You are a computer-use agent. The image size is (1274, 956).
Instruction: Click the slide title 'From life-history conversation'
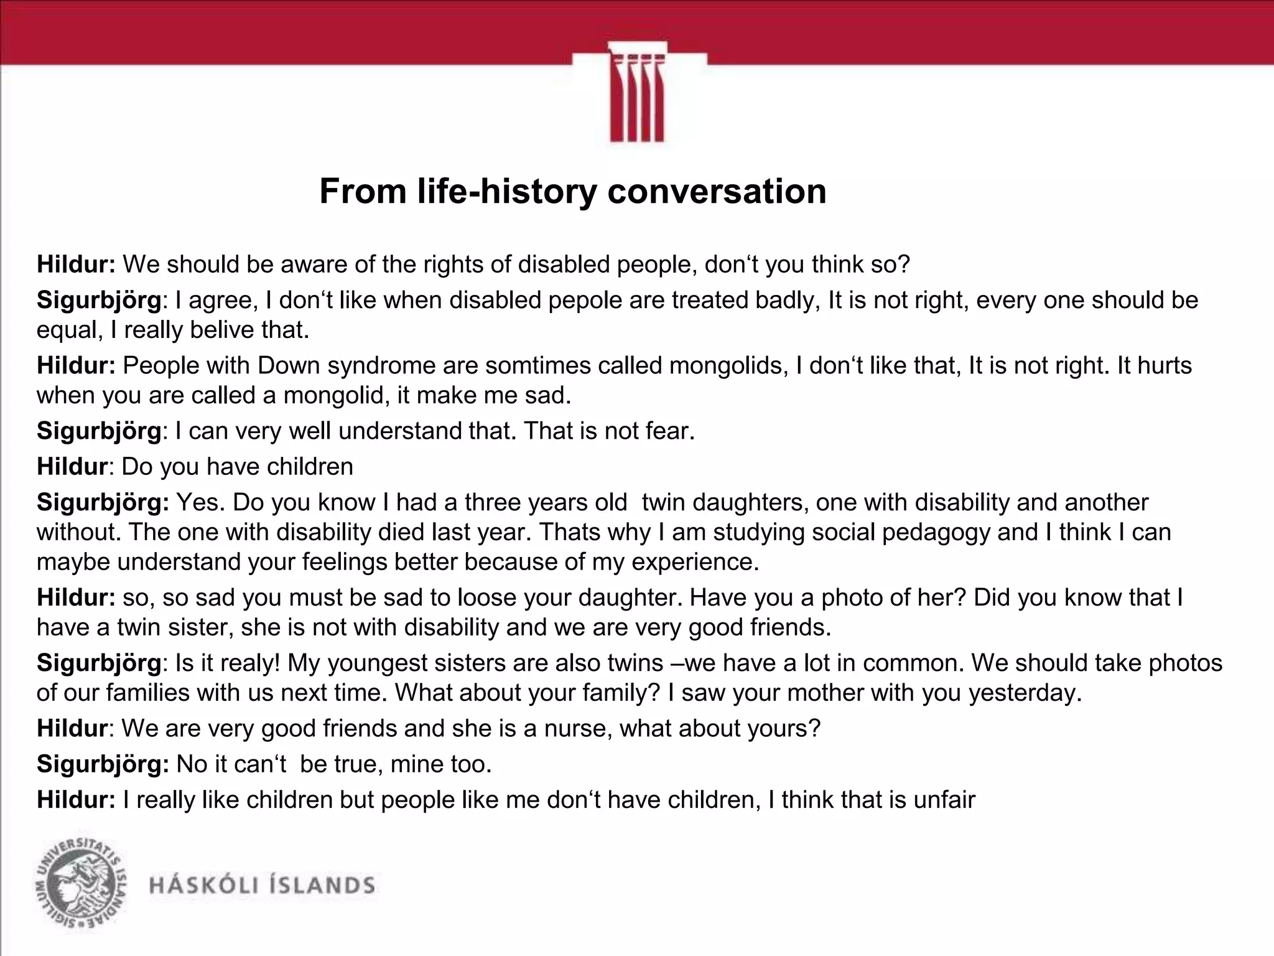click(x=572, y=191)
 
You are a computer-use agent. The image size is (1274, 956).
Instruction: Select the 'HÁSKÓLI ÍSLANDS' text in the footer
click(x=262, y=885)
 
